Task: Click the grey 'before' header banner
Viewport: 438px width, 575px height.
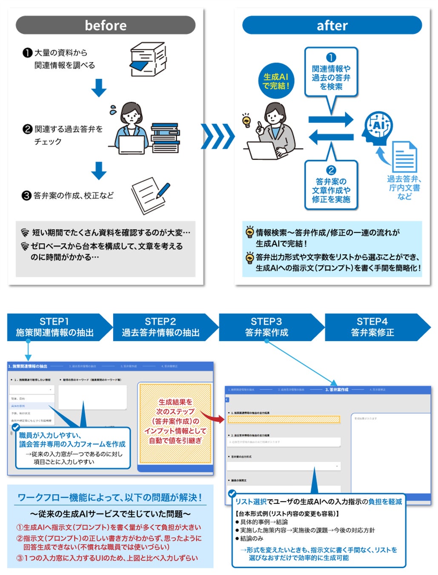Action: (x=106, y=26)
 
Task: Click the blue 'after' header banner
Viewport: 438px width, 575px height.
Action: (x=332, y=26)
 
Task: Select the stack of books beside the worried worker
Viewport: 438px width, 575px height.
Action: (x=165, y=138)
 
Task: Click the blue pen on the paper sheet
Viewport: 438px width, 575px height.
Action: (x=163, y=190)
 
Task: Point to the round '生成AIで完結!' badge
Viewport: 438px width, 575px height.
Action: (x=276, y=81)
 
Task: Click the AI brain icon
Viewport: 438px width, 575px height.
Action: (x=378, y=127)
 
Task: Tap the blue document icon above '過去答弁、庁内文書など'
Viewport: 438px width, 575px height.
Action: (x=404, y=156)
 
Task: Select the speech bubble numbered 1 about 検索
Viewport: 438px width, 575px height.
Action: (x=331, y=72)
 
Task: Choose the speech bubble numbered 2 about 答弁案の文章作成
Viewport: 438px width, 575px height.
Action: (x=331, y=185)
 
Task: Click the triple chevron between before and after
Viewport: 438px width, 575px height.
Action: (x=218, y=136)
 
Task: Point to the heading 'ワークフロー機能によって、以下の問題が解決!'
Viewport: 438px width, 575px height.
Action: (x=110, y=497)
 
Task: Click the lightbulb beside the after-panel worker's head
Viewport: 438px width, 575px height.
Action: (x=246, y=121)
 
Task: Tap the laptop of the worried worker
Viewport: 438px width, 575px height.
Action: (x=132, y=145)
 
